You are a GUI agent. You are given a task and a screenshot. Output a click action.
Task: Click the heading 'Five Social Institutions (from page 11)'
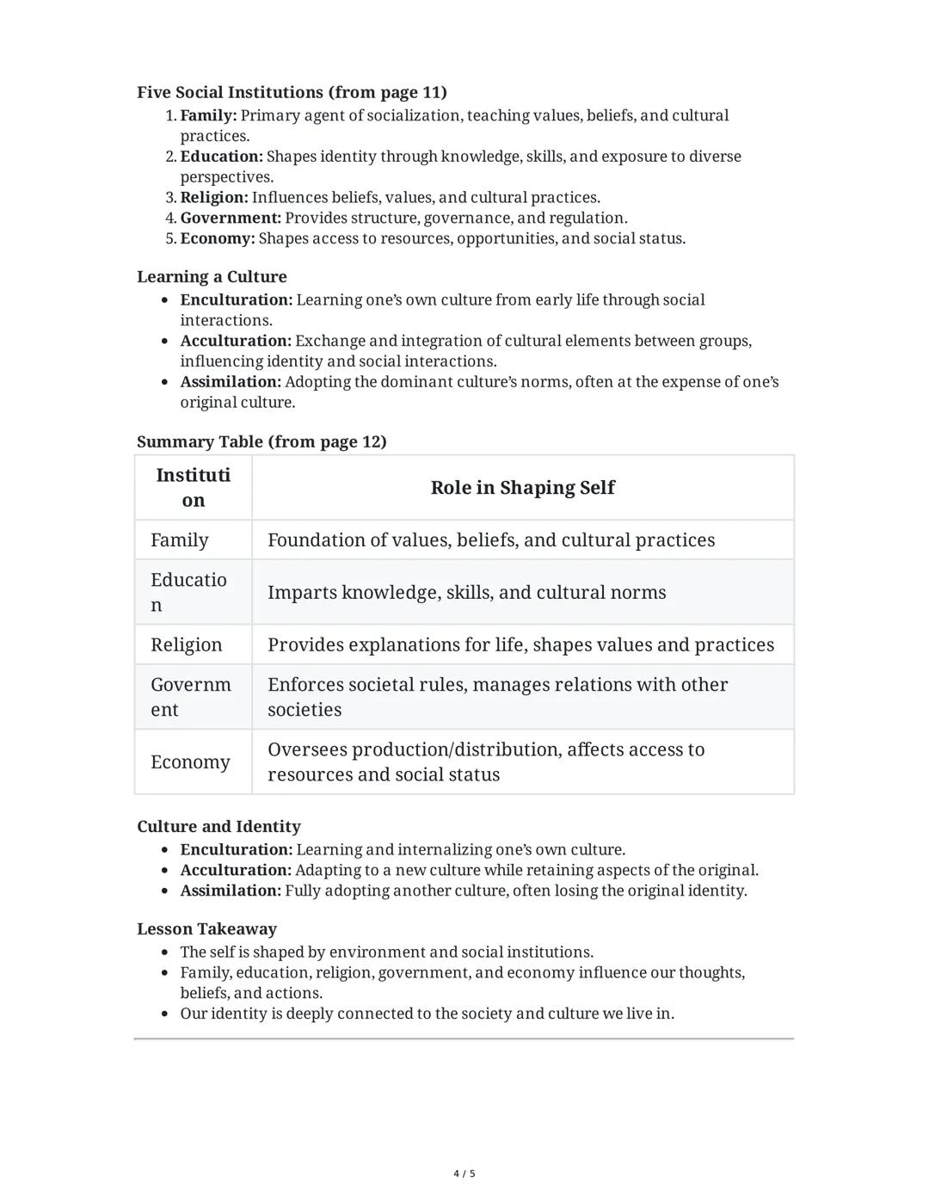coord(292,92)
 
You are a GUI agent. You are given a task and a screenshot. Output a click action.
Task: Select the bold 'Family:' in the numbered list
coord(208,115)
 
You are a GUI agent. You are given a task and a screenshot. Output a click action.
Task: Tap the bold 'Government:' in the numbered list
coord(231,218)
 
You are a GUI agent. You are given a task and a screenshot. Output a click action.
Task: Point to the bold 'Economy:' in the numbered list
coord(218,238)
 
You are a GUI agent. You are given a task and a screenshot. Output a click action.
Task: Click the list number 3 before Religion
coord(170,197)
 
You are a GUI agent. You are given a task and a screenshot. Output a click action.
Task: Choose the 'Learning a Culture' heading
coord(212,276)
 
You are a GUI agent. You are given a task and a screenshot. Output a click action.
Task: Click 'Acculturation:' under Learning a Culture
coord(236,341)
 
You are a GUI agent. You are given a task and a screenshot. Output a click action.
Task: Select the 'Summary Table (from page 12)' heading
coord(261,441)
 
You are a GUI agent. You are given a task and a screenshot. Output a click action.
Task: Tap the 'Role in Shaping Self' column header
coord(522,488)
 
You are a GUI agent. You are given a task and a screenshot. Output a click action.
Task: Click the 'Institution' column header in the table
coord(194,488)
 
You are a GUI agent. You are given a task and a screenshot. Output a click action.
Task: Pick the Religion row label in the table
coord(186,644)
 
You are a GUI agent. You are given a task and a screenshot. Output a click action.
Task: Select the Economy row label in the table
coord(190,761)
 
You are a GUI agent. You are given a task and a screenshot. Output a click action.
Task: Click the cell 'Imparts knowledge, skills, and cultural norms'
coord(466,592)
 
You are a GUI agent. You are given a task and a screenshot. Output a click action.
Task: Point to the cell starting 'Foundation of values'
coord(490,539)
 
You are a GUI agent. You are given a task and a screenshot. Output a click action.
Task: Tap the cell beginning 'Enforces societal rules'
coord(497,697)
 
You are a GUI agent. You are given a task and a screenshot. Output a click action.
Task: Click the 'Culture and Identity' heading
coord(218,826)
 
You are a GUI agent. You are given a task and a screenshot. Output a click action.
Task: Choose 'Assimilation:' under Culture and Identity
coord(231,891)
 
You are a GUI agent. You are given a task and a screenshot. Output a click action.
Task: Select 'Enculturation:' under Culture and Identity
coord(237,849)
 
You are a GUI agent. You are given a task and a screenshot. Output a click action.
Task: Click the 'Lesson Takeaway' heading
coord(206,928)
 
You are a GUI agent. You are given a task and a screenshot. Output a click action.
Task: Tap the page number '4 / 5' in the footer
coord(464,1174)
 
